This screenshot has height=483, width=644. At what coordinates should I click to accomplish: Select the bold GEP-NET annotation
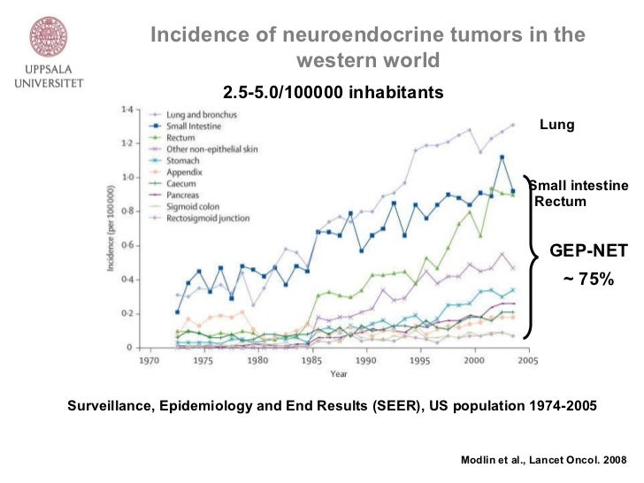point(588,251)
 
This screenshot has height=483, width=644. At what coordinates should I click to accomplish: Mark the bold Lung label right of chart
point(557,126)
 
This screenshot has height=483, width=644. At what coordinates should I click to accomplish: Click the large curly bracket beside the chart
point(531,257)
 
